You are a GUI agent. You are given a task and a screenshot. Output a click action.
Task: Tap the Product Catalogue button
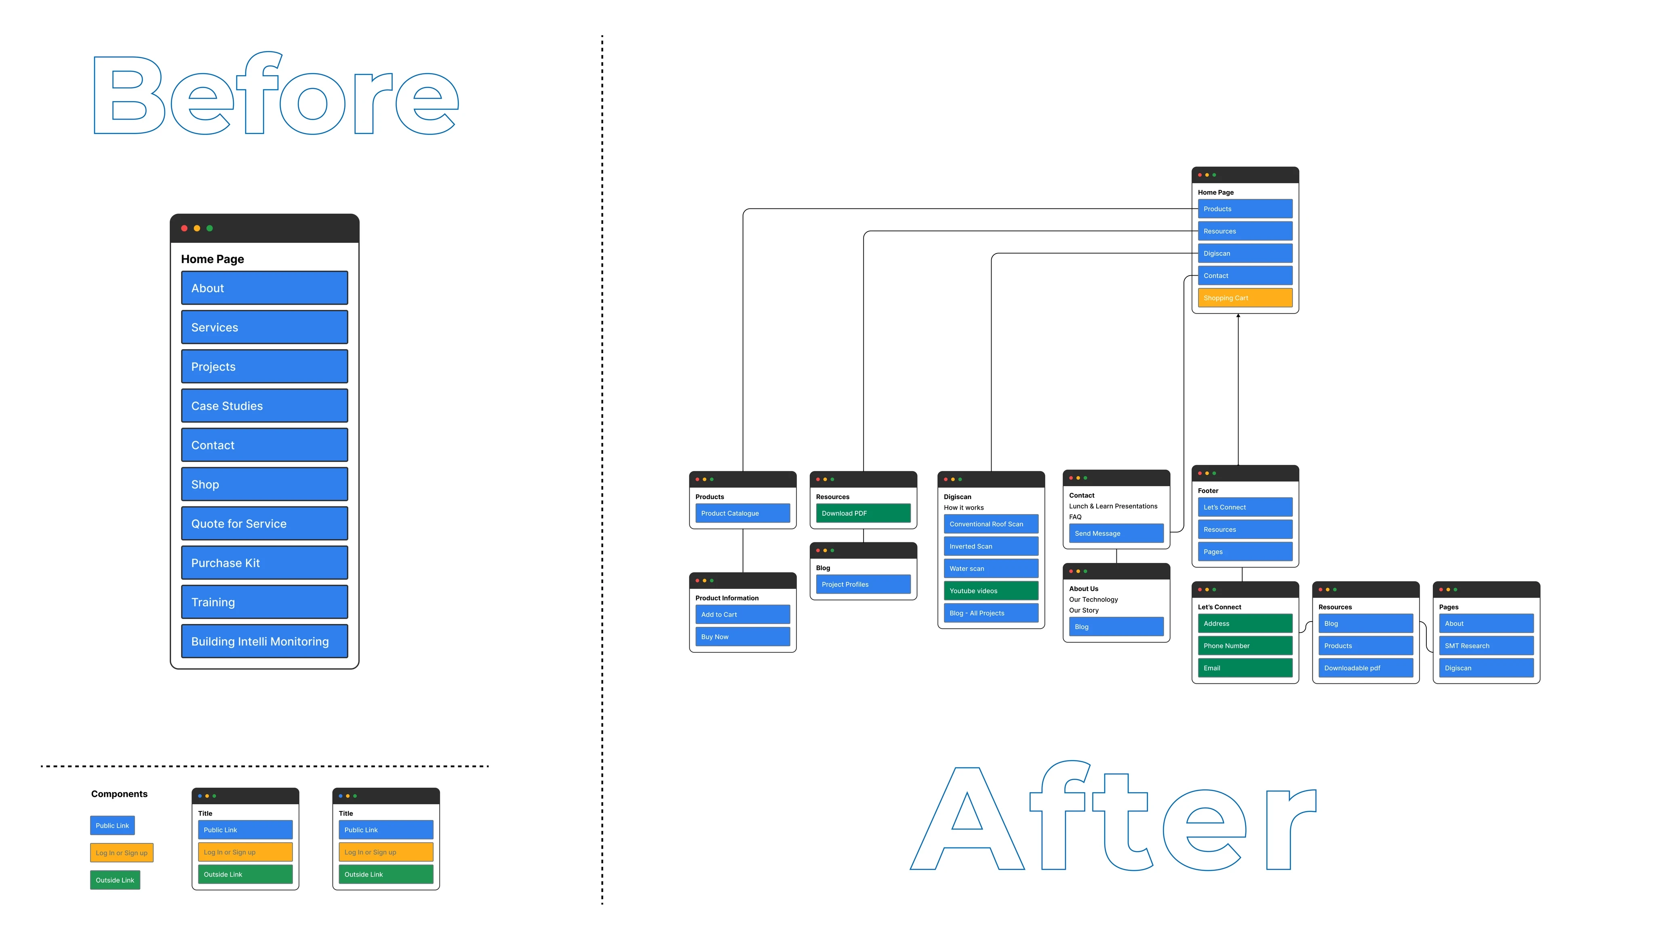click(x=742, y=513)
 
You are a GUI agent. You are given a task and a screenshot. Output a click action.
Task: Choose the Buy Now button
click(x=742, y=637)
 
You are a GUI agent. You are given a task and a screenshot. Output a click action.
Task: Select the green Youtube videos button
click(x=990, y=591)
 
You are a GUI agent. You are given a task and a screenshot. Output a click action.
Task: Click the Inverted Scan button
click(x=990, y=546)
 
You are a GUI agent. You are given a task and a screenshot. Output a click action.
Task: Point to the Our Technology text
click(x=1093, y=599)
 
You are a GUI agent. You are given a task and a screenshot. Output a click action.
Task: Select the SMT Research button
click(x=1485, y=646)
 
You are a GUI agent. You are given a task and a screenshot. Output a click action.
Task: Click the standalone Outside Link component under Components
click(x=115, y=880)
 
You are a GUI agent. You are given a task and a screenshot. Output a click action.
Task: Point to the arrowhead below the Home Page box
click(x=1238, y=316)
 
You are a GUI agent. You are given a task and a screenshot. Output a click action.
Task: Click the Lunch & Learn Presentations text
click(x=1113, y=506)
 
